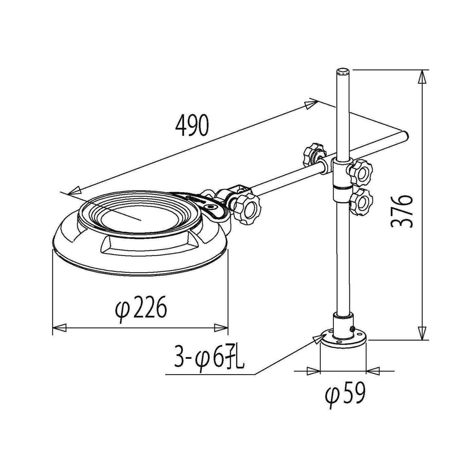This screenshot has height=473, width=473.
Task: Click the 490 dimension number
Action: coord(192,125)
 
